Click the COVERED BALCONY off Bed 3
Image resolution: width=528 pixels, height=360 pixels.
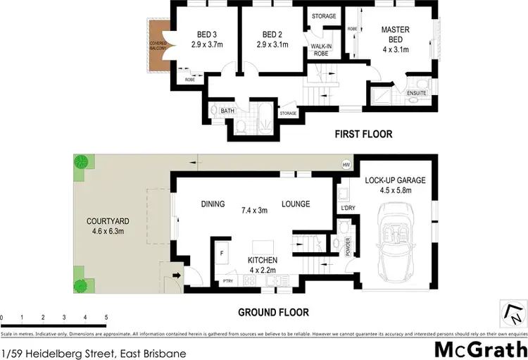pyautogui.click(x=157, y=46)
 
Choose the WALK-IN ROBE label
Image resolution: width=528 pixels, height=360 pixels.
pyautogui.click(x=321, y=50)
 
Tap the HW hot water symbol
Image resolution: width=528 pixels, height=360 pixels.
pyautogui.click(x=346, y=165)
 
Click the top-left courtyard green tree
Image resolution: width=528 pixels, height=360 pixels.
pyautogui.click(x=82, y=161)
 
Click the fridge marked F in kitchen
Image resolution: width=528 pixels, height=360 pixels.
pyautogui.click(x=222, y=252)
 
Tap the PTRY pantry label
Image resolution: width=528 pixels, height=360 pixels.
pyautogui.click(x=227, y=281)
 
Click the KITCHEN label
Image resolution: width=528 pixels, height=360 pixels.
pyautogui.click(x=262, y=261)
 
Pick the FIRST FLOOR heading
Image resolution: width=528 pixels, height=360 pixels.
pyautogui.click(x=364, y=134)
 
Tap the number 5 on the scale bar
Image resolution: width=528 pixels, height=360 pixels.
pyautogui.click(x=106, y=318)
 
